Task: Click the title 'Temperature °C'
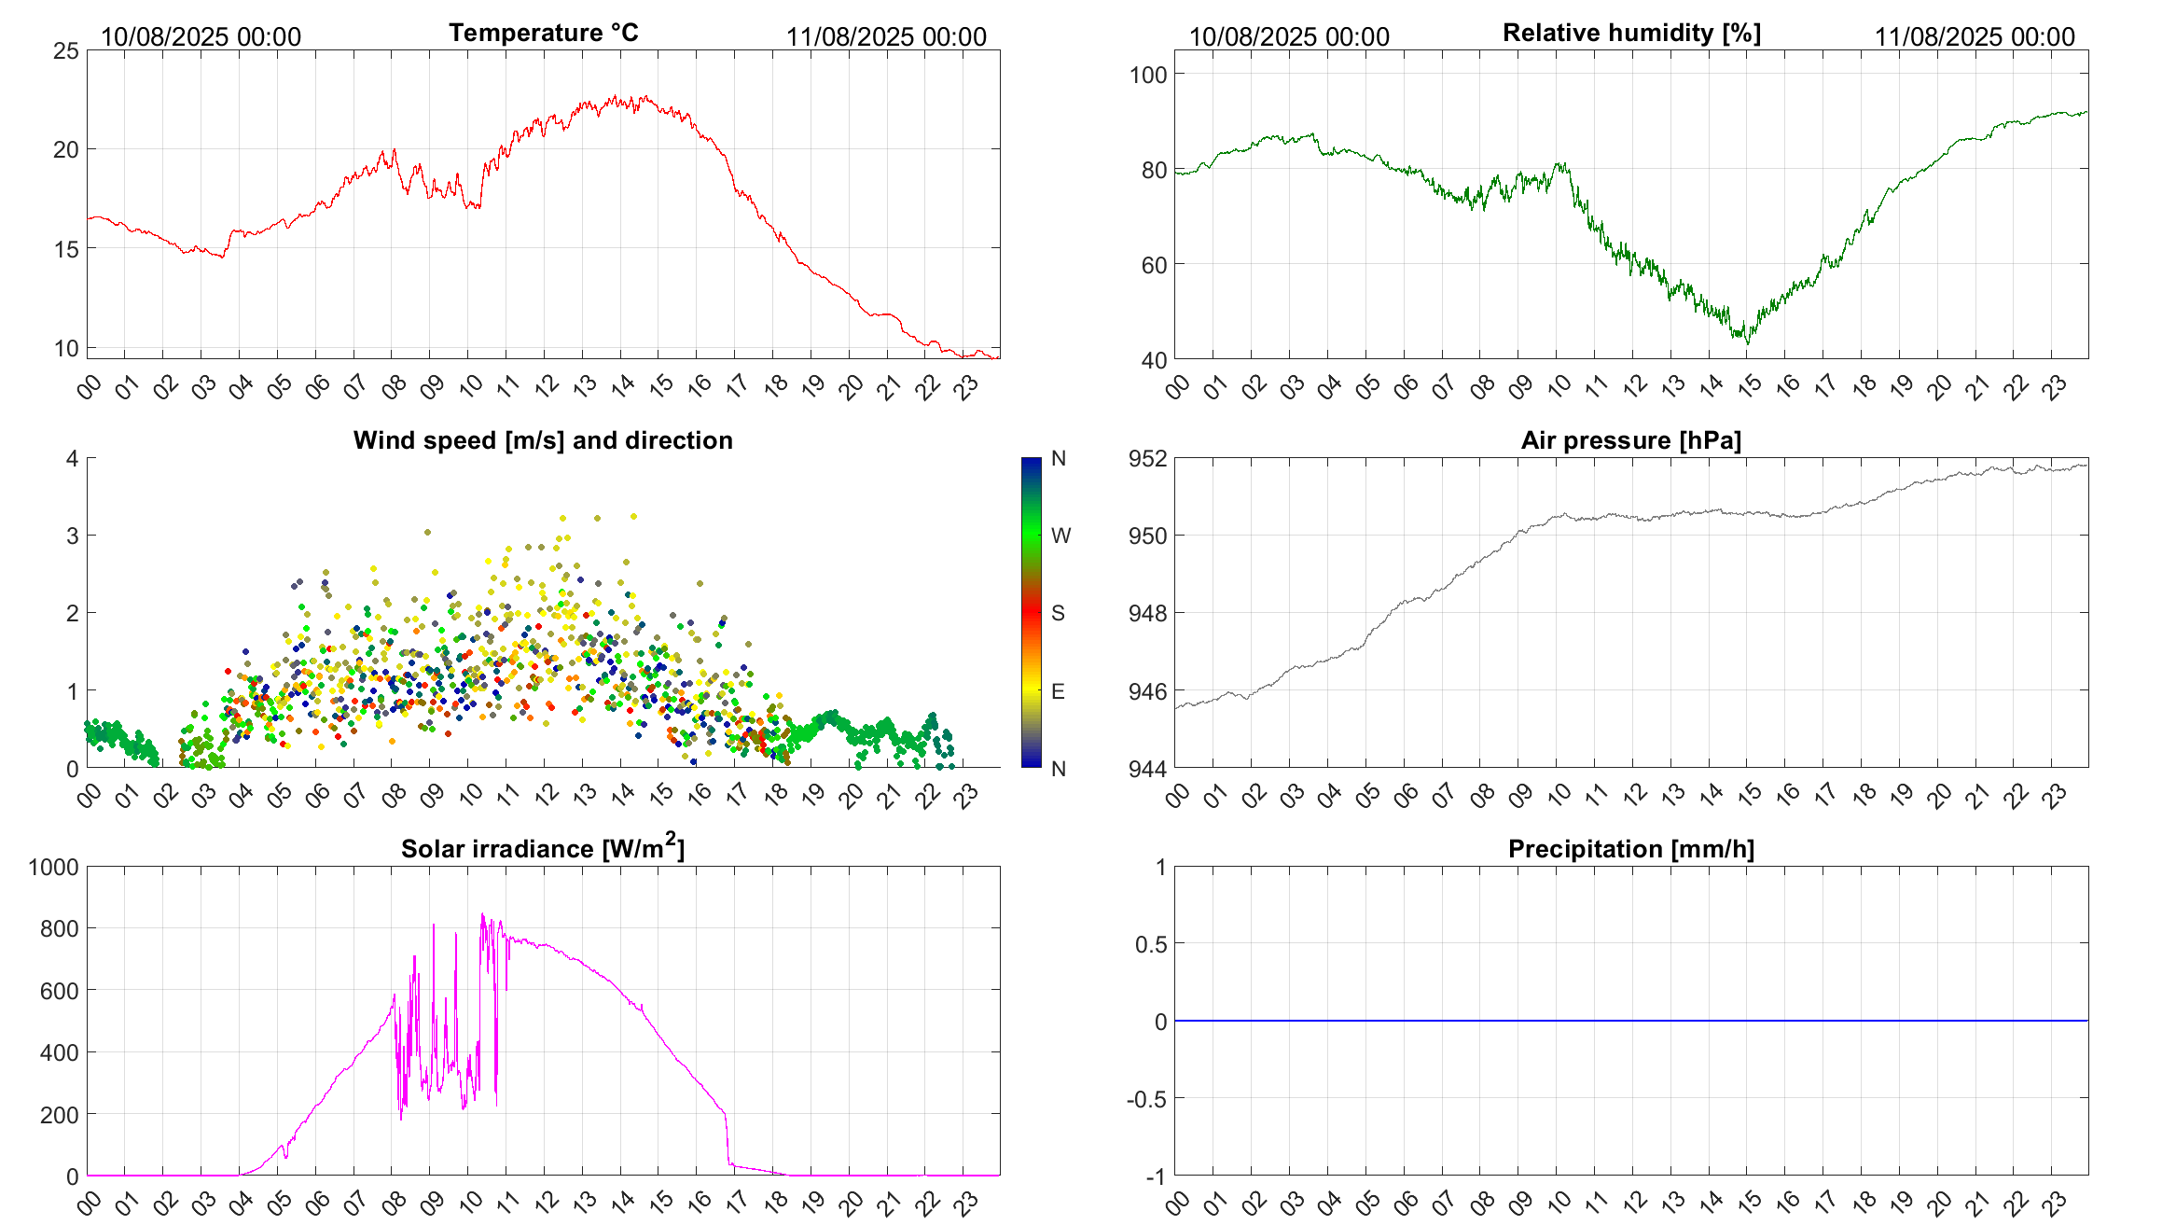coord(543,34)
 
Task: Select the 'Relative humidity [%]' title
coord(1631,34)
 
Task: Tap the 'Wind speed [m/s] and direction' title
coord(543,440)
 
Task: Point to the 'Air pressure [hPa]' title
coord(1631,440)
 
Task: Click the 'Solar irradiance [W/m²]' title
coord(543,848)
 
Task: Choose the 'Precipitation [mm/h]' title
coord(1631,849)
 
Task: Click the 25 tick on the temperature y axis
coord(66,51)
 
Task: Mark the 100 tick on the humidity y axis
coord(1148,75)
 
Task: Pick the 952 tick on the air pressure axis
coord(1147,459)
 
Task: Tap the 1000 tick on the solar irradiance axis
coord(54,868)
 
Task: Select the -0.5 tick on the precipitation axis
coord(1146,1099)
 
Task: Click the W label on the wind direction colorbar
coord(1060,536)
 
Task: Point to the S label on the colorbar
coord(1058,614)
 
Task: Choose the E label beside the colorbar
coord(1058,691)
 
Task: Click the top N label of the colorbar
coord(1059,459)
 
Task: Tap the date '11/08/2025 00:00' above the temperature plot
coord(886,37)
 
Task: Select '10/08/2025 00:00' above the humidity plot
coord(1289,37)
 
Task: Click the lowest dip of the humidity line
coord(1748,343)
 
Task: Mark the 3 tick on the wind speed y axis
coord(72,536)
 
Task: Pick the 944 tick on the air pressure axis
coord(1147,770)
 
